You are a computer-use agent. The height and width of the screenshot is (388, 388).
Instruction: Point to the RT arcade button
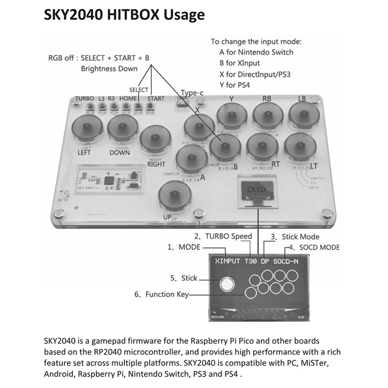[262, 147]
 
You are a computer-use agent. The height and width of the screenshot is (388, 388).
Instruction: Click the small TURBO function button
[90, 106]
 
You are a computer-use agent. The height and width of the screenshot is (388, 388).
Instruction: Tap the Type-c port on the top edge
[182, 102]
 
